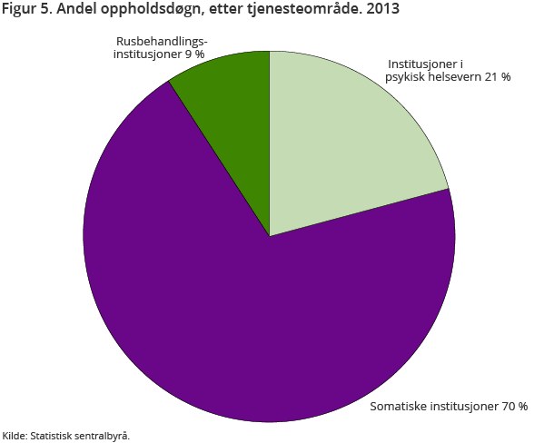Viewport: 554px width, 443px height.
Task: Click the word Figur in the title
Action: point(21,11)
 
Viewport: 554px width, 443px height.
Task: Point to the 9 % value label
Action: point(193,54)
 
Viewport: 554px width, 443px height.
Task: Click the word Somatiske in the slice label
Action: point(399,406)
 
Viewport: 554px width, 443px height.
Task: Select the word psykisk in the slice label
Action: point(405,77)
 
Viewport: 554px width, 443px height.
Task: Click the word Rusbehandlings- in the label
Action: point(162,42)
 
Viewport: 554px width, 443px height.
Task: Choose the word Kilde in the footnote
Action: point(14,436)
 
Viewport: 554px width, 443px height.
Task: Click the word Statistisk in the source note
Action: point(53,436)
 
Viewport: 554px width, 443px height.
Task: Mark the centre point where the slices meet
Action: point(269,236)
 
